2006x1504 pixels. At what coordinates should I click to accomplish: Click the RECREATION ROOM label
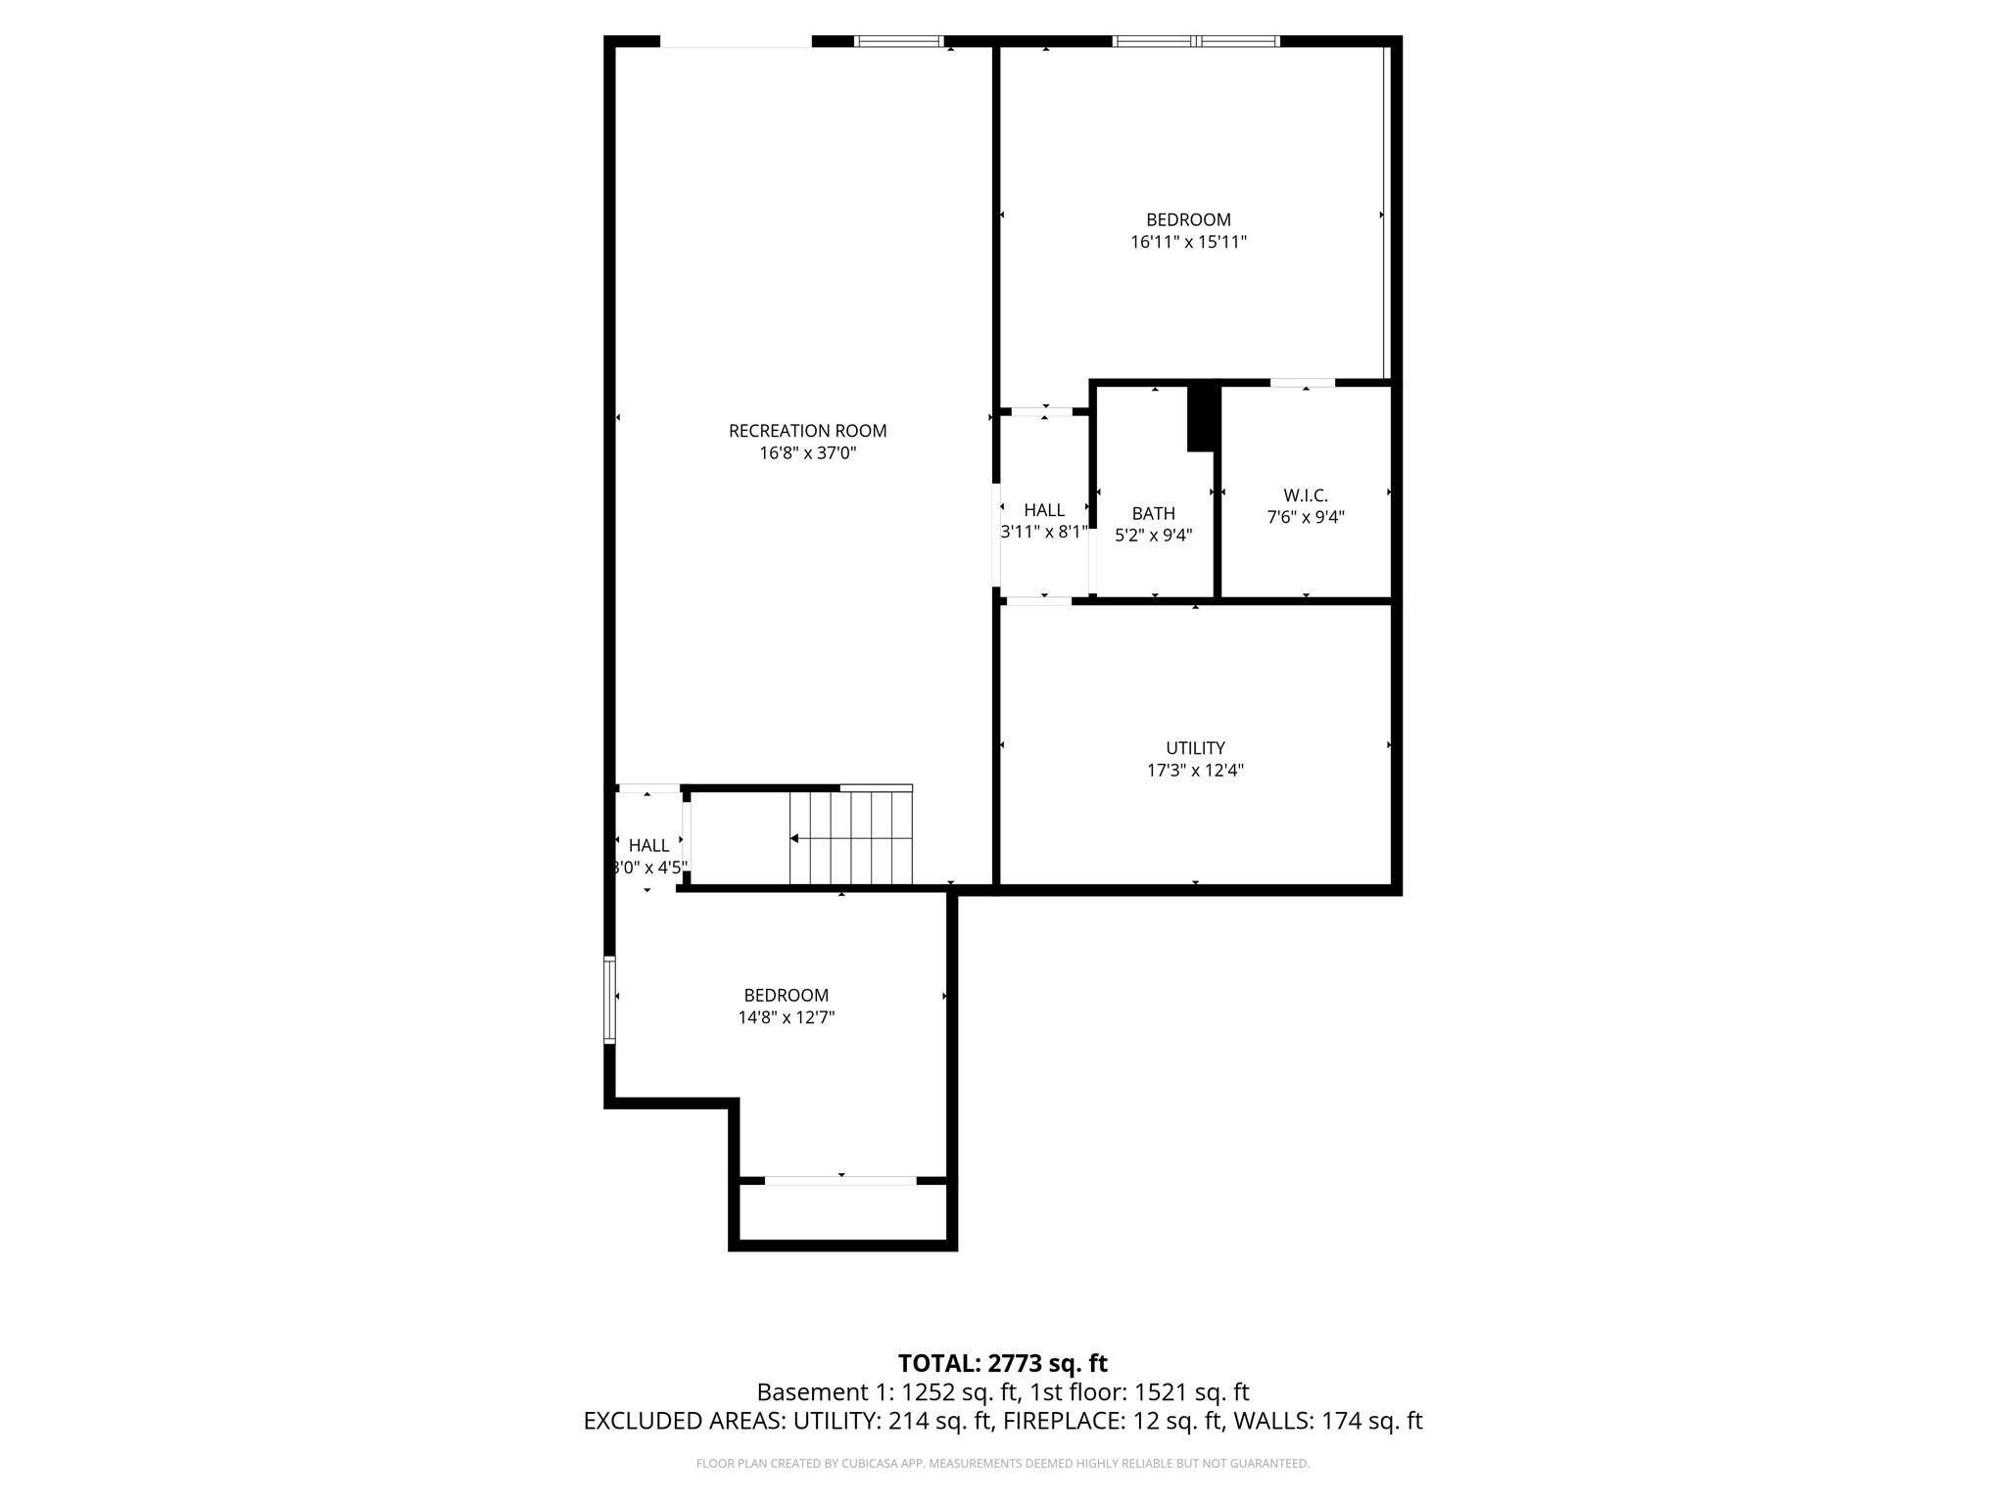(807, 431)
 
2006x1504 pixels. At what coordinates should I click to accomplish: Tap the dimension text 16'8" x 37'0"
(807, 453)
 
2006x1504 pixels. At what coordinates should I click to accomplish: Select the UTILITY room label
(1195, 748)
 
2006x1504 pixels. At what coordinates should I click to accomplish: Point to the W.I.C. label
(1306, 495)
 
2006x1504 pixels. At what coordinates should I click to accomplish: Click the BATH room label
(1153, 513)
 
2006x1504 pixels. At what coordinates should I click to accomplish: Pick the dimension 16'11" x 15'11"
(1188, 242)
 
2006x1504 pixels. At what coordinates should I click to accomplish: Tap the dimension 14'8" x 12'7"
(786, 1017)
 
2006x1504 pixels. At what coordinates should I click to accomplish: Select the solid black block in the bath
(1201, 418)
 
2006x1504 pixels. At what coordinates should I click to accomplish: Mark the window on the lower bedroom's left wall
(609, 1000)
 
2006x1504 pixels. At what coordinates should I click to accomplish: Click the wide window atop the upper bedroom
(1195, 41)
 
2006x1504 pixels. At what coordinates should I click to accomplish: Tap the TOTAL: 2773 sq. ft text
(1002, 1363)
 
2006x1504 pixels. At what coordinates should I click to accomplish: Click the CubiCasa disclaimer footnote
(1002, 1464)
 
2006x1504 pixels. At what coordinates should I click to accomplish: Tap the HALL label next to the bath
(1044, 510)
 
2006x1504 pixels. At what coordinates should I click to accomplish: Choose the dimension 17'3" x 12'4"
(1195, 771)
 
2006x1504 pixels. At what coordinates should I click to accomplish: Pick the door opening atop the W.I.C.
(1303, 383)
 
